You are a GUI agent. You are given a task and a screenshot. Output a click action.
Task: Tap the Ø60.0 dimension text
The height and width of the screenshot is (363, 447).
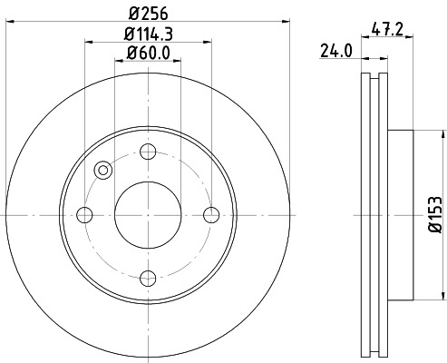click(x=148, y=53)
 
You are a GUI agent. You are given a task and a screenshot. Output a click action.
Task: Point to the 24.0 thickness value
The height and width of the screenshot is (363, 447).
click(x=335, y=53)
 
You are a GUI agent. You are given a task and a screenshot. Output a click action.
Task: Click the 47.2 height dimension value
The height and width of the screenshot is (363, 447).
click(x=388, y=29)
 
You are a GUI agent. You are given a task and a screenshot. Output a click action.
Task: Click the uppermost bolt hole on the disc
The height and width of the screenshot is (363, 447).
click(x=148, y=152)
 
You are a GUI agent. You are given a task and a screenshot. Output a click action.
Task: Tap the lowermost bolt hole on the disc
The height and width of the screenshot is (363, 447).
click(x=148, y=278)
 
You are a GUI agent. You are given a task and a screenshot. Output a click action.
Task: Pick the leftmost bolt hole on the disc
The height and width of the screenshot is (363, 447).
click(x=85, y=214)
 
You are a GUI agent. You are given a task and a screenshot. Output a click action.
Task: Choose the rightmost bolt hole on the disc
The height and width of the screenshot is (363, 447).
click(x=211, y=214)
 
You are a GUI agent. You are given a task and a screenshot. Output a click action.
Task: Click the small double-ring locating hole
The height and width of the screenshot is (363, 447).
click(x=102, y=170)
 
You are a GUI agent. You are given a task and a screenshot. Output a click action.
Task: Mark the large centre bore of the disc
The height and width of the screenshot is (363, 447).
click(x=148, y=214)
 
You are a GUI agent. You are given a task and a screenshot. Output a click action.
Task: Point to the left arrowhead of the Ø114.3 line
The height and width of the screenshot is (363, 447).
click(x=88, y=42)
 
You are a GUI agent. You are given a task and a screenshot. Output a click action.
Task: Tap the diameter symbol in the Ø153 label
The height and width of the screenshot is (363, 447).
click(x=434, y=235)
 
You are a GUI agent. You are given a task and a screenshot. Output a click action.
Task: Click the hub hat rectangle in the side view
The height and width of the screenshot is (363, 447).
click(x=401, y=214)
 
